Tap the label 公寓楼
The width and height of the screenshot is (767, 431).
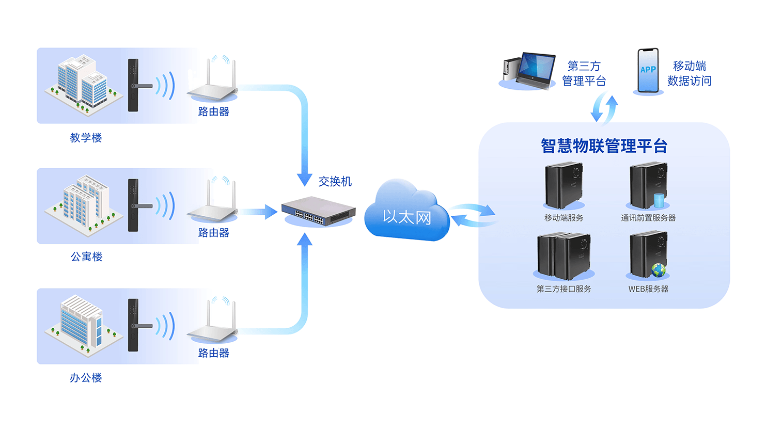click(x=86, y=257)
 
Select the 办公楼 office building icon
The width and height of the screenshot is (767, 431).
click(x=83, y=324)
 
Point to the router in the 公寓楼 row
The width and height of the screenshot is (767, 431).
click(x=212, y=204)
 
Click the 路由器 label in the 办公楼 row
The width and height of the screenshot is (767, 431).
click(x=213, y=353)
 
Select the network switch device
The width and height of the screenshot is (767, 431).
click(x=318, y=211)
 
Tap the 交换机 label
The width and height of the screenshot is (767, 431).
click(x=335, y=181)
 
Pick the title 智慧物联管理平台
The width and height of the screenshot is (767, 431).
click(x=604, y=146)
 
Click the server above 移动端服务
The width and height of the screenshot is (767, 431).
click(x=563, y=186)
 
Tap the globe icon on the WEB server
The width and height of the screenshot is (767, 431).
click(x=659, y=270)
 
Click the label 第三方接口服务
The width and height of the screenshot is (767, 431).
click(x=563, y=289)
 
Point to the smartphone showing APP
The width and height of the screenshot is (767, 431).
click(x=648, y=71)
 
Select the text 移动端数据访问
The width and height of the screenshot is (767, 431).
click(x=689, y=73)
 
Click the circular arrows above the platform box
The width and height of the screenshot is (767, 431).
click(x=604, y=108)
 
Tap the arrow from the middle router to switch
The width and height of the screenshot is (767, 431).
click(x=259, y=212)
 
